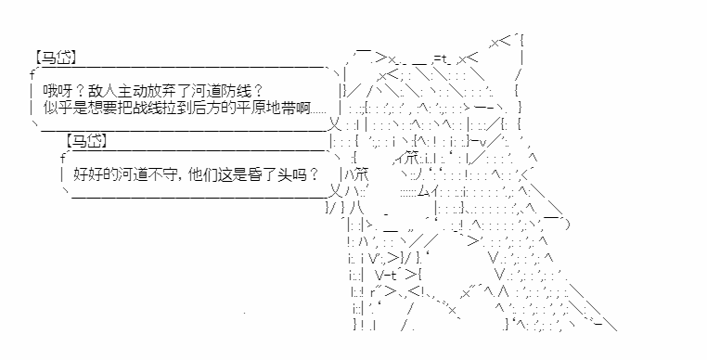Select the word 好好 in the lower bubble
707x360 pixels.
(88, 174)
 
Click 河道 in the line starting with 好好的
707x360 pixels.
(134, 174)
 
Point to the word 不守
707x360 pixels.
(163, 174)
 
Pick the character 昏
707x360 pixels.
(255, 174)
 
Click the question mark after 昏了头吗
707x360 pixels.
(315, 174)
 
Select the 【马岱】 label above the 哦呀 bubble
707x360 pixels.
(55, 58)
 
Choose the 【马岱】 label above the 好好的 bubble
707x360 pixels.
(86, 141)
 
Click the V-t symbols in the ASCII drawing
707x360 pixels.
(387, 274)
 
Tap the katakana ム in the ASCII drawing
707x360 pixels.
(423, 192)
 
